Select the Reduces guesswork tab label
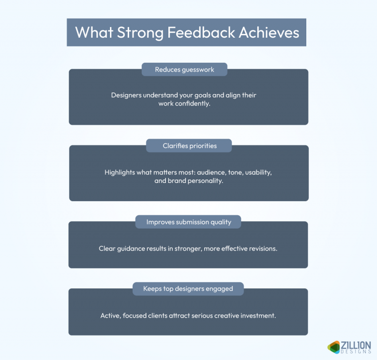click(185, 70)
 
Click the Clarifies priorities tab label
click(188, 146)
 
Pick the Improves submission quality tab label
click(188, 222)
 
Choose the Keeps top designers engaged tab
click(188, 288)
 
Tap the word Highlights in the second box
click(120, 173)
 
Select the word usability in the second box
click(255, 173)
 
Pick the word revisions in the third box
click(262, 249)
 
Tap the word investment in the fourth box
click(258, 315)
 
